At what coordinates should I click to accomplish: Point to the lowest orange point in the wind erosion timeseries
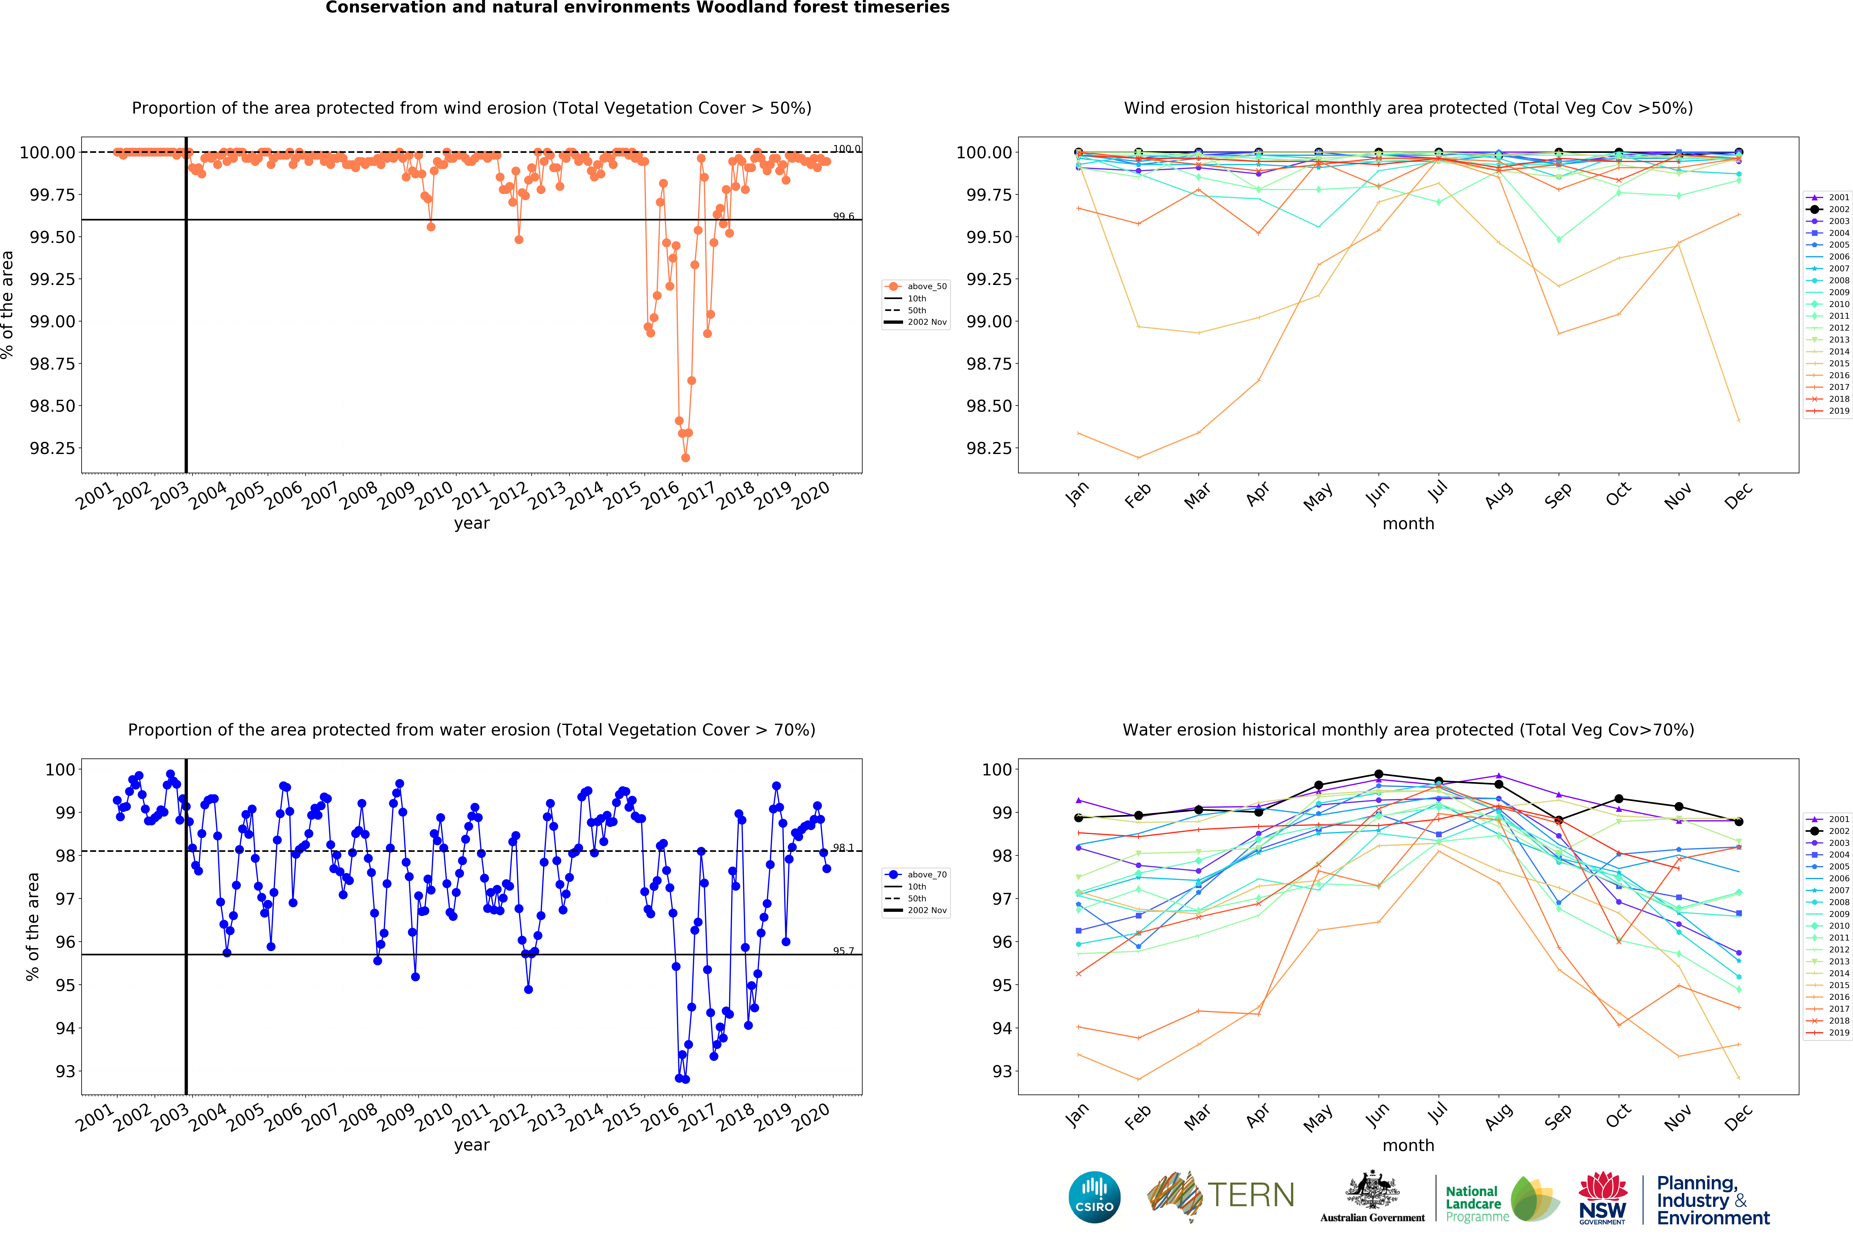coord(685,457)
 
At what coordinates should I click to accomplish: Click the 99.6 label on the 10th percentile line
coord(843,216)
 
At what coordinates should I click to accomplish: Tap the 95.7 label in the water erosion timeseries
coord(843,950)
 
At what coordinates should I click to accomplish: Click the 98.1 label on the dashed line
coord(843,847)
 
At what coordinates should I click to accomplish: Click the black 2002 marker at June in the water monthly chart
coord(1378,774)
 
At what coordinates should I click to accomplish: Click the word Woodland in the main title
coord(742,8)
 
